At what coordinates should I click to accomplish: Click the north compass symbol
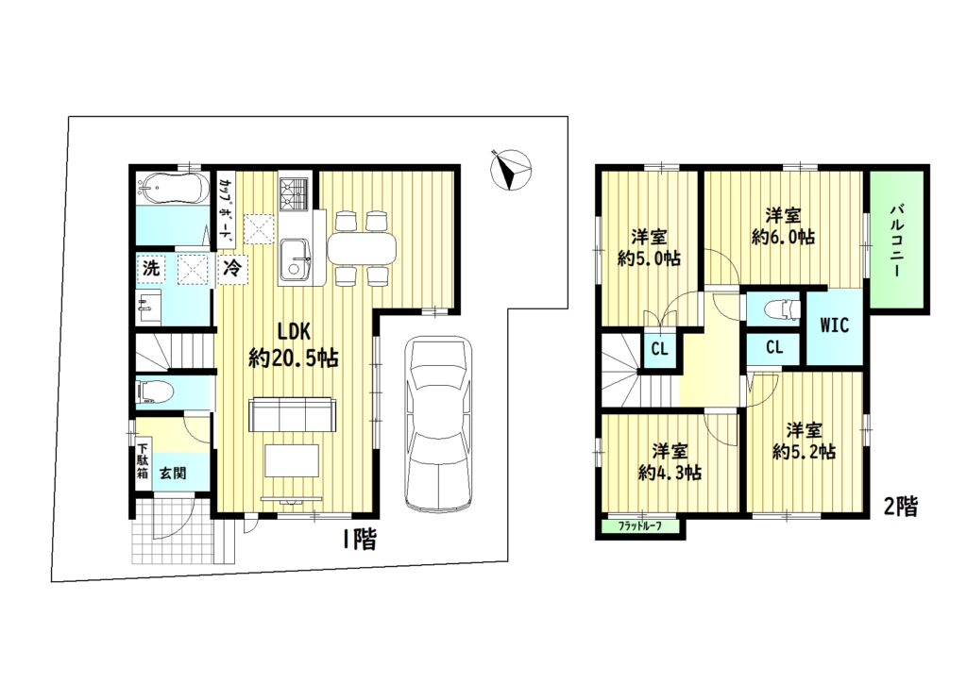[x=511, y=170]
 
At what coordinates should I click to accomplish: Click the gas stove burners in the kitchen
[x=293, y=193]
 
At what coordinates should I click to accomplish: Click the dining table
[x=361, y=248]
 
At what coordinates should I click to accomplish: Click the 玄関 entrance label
[x=174, y=474]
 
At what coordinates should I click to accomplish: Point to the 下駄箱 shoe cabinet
[x=144, y=461]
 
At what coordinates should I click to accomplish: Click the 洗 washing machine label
[x=151, y=269]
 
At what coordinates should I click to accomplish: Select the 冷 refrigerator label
[x=232, y=268]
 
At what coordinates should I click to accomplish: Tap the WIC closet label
[x=835, y=325]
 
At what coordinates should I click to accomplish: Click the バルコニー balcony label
[x=896, y=241]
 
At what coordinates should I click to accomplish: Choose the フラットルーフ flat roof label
[x=639, y=527]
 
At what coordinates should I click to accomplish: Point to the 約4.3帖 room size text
[x=670, y=473]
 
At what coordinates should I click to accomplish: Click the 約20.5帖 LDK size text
[x=294, y=358]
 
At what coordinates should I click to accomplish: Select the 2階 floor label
[x=900, y=507]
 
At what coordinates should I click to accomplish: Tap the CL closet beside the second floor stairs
[x=659, y=349]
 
